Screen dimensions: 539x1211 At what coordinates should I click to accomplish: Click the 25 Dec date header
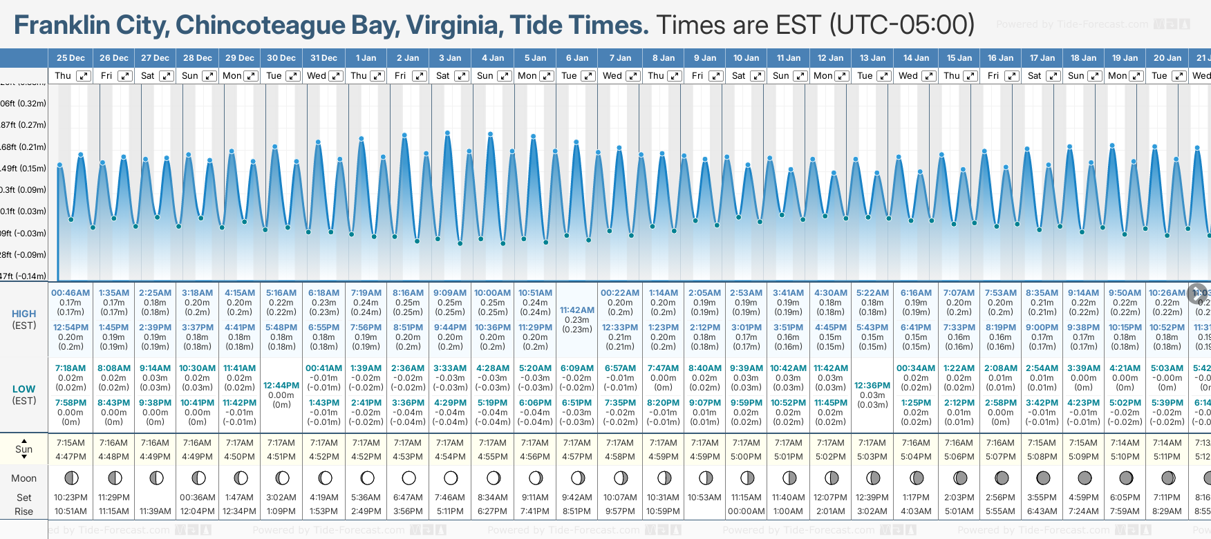(71, 58)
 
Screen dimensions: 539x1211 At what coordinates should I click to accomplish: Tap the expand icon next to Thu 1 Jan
(377, 76)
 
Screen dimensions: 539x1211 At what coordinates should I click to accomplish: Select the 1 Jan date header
(366, 58)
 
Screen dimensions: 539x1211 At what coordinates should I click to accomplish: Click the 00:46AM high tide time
(71, 293)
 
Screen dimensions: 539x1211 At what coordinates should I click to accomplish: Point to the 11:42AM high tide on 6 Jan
(577, 310)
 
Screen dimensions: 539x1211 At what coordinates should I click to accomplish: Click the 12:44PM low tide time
(281, 386)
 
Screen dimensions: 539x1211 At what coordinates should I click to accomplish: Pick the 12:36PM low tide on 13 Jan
(872, 386)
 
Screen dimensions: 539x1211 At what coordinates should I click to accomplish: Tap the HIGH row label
(24, 314)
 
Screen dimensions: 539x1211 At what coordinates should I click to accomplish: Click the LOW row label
(24, 389)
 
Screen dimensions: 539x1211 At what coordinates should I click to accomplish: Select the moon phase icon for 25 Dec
(71, 477)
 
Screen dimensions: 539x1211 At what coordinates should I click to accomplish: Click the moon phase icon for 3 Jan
(451, 477)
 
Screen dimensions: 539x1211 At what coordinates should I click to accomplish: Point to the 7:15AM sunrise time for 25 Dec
(71, 443)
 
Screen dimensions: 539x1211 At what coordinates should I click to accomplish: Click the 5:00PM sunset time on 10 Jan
(747, 457)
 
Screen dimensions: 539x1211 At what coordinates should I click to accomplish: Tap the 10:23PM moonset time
(71, 498)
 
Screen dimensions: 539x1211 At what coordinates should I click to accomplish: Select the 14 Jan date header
(917, 58)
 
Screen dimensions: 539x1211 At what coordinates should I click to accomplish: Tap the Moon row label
(24, 478)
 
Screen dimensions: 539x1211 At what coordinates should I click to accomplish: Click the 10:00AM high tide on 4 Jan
(493, 293)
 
